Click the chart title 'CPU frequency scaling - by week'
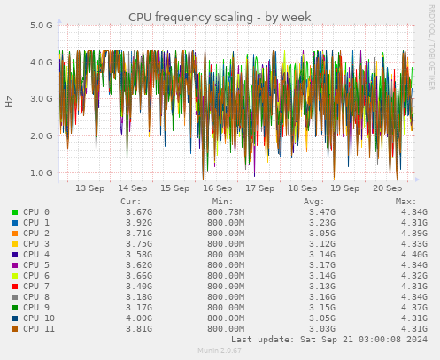[x=220, y=17]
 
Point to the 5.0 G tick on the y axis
[x=42, y=26]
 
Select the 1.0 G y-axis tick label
[x=42, y=173]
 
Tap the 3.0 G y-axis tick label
[x=42, y=99]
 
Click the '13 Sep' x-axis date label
[x=90, y=188]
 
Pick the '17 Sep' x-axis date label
[x=260, y=188]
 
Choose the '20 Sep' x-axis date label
[x=388, y=188]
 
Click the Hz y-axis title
[x=10, y=101]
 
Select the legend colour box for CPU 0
[x=15, y=212]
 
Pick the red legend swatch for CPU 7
[x=15, y=287]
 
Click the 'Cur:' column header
[x=131, y=202]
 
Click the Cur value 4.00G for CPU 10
[x=139, y=318]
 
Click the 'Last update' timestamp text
[x=329, y=340]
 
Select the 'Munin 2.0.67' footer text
[x=219, y=351]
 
